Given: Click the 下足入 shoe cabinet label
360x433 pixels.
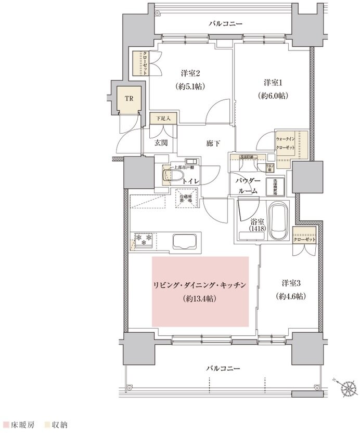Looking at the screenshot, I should [164, 118].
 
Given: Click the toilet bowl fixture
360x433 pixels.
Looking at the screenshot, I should [172, 177].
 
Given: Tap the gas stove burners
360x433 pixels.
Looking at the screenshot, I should [144, 238].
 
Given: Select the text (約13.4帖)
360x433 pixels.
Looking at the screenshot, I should [200, 299].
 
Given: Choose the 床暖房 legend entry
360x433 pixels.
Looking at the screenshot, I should [21, 425].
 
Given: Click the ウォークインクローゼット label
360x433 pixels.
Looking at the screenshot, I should [286, 143].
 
